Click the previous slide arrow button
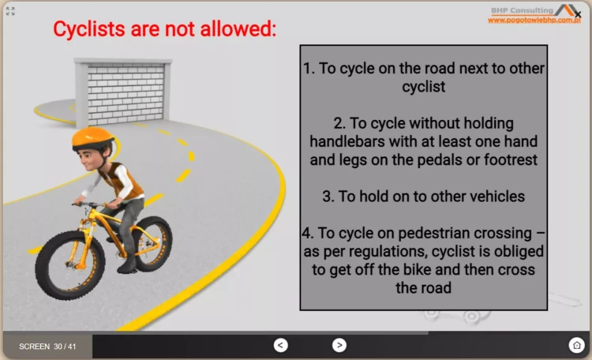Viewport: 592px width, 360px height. [x=280, y=344]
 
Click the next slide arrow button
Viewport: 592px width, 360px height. [x=339, y=344]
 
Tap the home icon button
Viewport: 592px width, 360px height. [x=576, y=344]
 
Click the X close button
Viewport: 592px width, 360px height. [x=578, y=14]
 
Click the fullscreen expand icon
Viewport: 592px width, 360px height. [x=11, y=11]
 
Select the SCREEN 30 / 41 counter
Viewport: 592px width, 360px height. [x=47, y=347]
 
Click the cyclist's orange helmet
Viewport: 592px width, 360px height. [x=92, y=138]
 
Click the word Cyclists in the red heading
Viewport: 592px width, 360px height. [x=90, y=29]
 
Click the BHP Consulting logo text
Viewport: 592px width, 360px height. [x=524, y=9]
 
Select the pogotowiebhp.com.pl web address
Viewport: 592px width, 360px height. [x=534, y=20]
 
